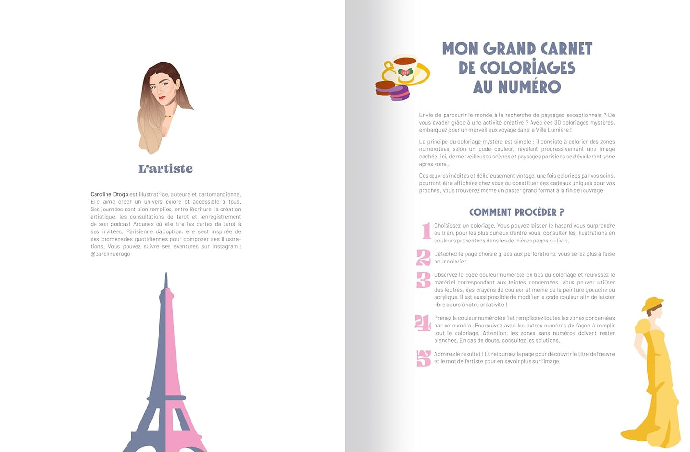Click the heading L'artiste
click(x=166, y=168)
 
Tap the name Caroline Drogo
click(x=109, y=194)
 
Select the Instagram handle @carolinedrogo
click(x=110, y=254)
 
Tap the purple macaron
click(x=400, y=93)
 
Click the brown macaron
click(x=385, y=88)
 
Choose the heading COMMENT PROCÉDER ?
click(x=517, y=212)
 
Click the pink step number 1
click(x=425, y=231)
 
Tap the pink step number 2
click(x=424, y=257)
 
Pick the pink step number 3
click(x=424, y=280)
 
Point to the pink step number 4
click(x=423, y=323)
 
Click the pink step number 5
click(x=424, y=358)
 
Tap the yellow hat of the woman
click(x=652, y=304)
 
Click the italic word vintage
click(x=525, y=176)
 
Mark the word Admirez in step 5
click(x=444, y=354)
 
